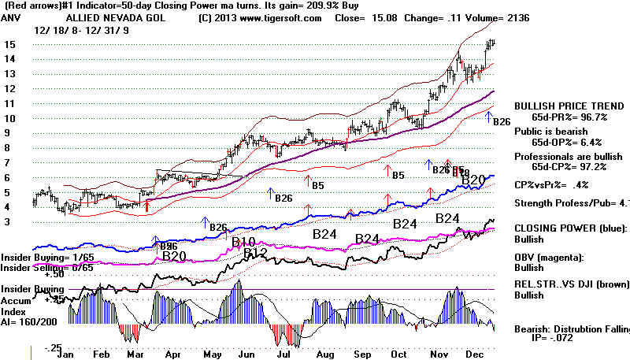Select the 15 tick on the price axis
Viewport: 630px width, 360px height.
click(8, 45)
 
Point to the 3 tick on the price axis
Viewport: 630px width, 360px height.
click(8, 223)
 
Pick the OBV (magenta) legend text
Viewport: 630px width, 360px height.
click(552, 256)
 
